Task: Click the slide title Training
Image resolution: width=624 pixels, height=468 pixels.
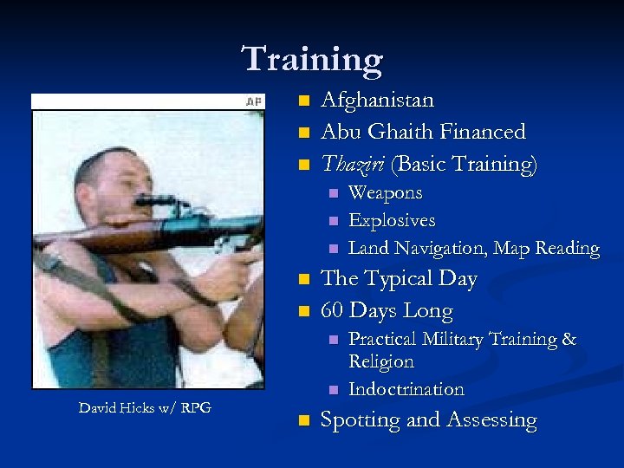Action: click(312, 59)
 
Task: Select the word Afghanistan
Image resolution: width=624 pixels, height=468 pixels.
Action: click(377, 101)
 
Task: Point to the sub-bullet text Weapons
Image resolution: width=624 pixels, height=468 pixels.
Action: click(385, 192)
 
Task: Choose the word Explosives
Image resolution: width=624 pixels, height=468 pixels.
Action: click(391, 220)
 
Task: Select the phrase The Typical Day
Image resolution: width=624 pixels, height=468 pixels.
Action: click(399, 279)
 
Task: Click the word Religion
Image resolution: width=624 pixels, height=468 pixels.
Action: click(380, 361)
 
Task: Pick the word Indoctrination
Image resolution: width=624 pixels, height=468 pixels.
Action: click(406, 389)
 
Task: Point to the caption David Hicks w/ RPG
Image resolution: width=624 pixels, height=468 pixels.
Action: click(145, 407)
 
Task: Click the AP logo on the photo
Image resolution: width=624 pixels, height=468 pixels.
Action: click(253, 101)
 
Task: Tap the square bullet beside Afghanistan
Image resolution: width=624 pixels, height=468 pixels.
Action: click(302, 101)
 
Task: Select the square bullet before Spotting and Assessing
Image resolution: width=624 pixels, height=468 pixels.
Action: click(302, 421)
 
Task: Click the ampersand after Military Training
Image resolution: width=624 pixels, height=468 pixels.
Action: click(569, 339)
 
